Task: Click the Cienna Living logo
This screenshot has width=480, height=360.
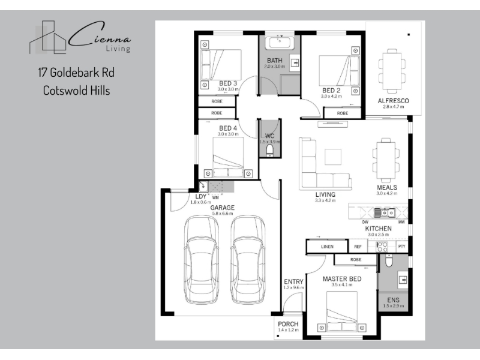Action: point(80,37)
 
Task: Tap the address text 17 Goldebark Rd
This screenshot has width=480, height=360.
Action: point(76,73)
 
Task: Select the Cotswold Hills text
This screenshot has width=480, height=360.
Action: point(77,91)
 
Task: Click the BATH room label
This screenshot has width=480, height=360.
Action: point(275,61)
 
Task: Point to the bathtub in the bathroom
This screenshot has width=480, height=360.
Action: point(280,43)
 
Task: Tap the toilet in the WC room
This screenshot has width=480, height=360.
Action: point(269,150)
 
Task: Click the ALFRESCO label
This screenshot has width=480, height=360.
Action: point(394,101)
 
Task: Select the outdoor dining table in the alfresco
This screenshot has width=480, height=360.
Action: point(392,71)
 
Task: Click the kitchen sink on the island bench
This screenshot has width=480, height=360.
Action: point(385,212)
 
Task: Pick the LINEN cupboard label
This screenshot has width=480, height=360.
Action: point(327,247)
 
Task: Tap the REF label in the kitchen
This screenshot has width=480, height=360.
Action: point(358,247)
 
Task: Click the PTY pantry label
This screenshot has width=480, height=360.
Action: point(401,246)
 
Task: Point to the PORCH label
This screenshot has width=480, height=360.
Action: point(288,324)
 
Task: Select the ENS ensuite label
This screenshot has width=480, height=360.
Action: point(394,300)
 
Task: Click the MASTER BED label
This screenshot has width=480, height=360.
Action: point(342,279)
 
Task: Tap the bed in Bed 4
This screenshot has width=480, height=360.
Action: point(228,157)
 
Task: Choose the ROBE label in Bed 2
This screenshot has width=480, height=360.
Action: point(343,113)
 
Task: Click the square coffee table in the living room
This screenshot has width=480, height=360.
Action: point(333,157)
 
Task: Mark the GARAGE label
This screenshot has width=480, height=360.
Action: point(222,208)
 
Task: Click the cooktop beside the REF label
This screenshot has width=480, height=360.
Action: point(382,247)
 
